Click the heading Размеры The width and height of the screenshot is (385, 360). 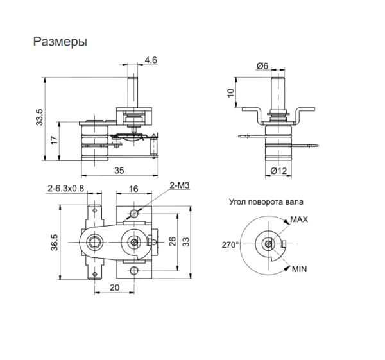tap(60, 42)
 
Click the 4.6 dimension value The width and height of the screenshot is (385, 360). tap(151, 60)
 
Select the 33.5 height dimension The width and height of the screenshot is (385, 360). tap(39, 119)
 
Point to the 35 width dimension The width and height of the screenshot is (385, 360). tap(120, 171)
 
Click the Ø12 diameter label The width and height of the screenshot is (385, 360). tap(277, 171)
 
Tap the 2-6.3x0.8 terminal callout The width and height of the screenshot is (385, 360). tap(66, 189)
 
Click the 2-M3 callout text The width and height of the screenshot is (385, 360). tap(178, 186)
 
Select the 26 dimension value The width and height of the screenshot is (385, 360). tap(172, 242)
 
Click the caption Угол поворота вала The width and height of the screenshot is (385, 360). tap(264, 201)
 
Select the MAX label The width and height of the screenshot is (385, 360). tap(299, 219)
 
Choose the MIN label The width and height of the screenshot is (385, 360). tap(299, 270)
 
